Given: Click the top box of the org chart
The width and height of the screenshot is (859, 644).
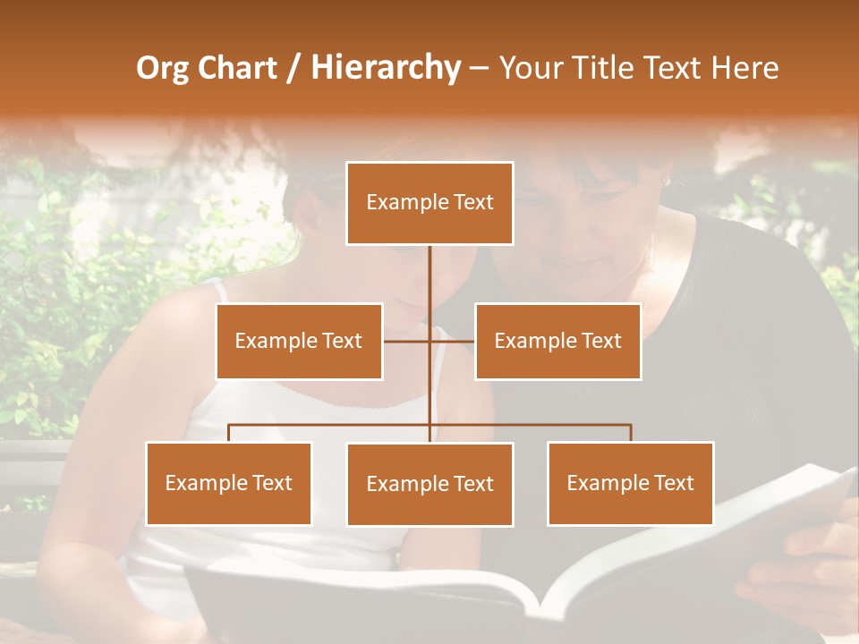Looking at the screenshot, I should coord(429,203).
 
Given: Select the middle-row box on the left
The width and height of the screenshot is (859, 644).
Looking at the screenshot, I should coord(299,341).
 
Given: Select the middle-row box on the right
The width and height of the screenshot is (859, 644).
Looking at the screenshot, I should coord(557,341).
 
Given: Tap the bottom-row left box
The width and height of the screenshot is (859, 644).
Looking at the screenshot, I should coord(229,483).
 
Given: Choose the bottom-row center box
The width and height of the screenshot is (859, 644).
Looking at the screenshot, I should coord(429,484).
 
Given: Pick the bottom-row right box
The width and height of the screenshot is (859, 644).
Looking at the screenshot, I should coord(630,483).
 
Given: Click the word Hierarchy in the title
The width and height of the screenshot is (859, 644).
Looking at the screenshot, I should coord(386,68).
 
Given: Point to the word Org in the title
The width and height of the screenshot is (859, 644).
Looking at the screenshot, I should coord(164,68).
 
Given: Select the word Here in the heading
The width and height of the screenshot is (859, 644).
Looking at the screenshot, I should coord(744,68).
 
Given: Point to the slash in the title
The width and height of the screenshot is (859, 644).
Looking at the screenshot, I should coord(293,68).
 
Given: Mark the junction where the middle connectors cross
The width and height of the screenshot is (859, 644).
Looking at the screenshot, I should coord(429,341).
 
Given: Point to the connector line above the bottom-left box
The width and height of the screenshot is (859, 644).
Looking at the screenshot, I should coord(229,433).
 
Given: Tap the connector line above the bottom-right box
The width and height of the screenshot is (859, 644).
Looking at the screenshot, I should coord(630,433).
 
